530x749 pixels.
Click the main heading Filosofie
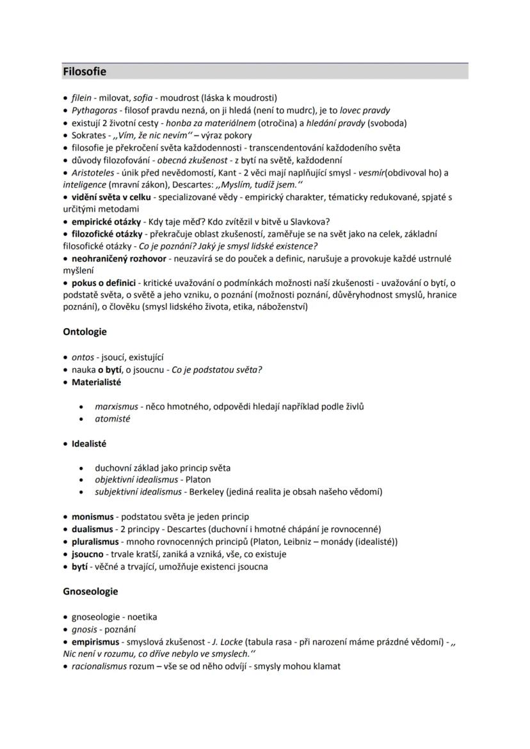pyautogui.click(x=84, y=72)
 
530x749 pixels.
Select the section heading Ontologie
pyautogui.click(x=84, y=332)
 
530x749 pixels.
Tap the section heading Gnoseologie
pyautogui.click(x=90, y=592)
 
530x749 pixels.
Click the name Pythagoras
pyautogui.click(x=90, y=111)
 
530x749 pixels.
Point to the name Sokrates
pyautogui.click(x=89, y=136)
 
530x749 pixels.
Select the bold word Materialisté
pyautogui.click(x=96, y=382)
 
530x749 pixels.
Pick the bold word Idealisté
pyautogui.click(x=89, y=443)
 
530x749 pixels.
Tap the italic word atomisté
pyautogui.click(x=113, y=419)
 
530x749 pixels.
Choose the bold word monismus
pyautogui.click(x=93, y=516)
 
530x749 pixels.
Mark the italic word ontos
pyautogui.click(x=83, y=358)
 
